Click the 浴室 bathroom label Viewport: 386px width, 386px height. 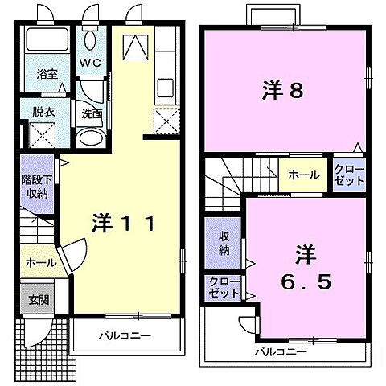coord(45,73)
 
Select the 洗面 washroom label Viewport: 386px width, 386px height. coord(91,113)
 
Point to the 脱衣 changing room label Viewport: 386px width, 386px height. coord(43,113)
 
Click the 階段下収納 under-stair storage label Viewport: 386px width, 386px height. coord(35,187)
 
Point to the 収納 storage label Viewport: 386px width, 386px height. coord(224,244)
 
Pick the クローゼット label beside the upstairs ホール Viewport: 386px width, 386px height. coord(350,175)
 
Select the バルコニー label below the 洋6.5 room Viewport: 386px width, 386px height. coord(281,351)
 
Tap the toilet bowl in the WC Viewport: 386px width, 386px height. coord(89,41)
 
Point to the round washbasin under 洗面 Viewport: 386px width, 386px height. coord(90,136)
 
